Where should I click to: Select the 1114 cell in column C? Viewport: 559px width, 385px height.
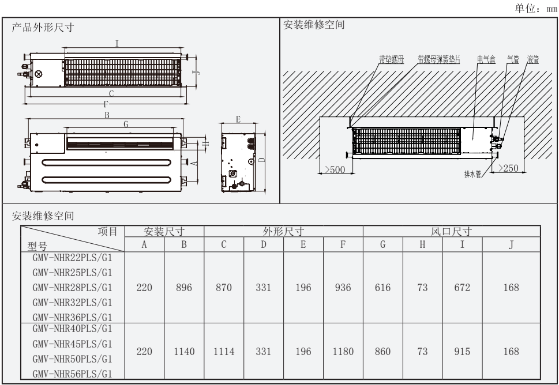click(224, 352)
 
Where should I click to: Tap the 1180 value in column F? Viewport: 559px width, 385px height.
click(343, 352)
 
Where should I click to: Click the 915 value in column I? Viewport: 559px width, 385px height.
click(462, 352)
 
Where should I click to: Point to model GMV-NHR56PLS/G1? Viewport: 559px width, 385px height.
click(72, 372)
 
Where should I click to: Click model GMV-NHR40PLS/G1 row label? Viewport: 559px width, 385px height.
click(72, 329)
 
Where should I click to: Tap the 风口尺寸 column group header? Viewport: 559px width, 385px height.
click(452, 232)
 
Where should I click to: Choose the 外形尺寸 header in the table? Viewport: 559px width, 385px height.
click(283, 232)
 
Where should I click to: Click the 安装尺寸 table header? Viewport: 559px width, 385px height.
click(164, 232)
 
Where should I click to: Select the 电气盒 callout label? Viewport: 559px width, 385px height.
click(486, 59)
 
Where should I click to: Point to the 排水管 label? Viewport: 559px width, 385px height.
click(473, 175)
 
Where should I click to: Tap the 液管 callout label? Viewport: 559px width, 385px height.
click(532, 59)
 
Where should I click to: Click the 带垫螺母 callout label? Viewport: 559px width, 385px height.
click(391, 59)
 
